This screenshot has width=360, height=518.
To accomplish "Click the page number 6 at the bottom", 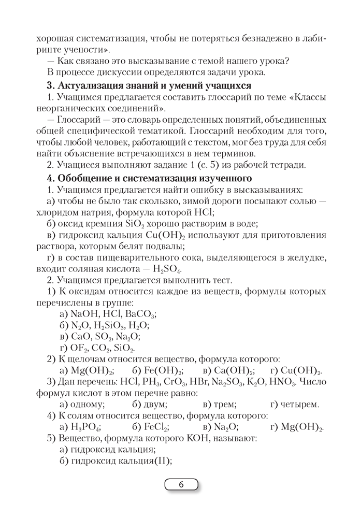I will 181,485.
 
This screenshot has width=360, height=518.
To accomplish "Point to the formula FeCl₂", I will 151,427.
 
